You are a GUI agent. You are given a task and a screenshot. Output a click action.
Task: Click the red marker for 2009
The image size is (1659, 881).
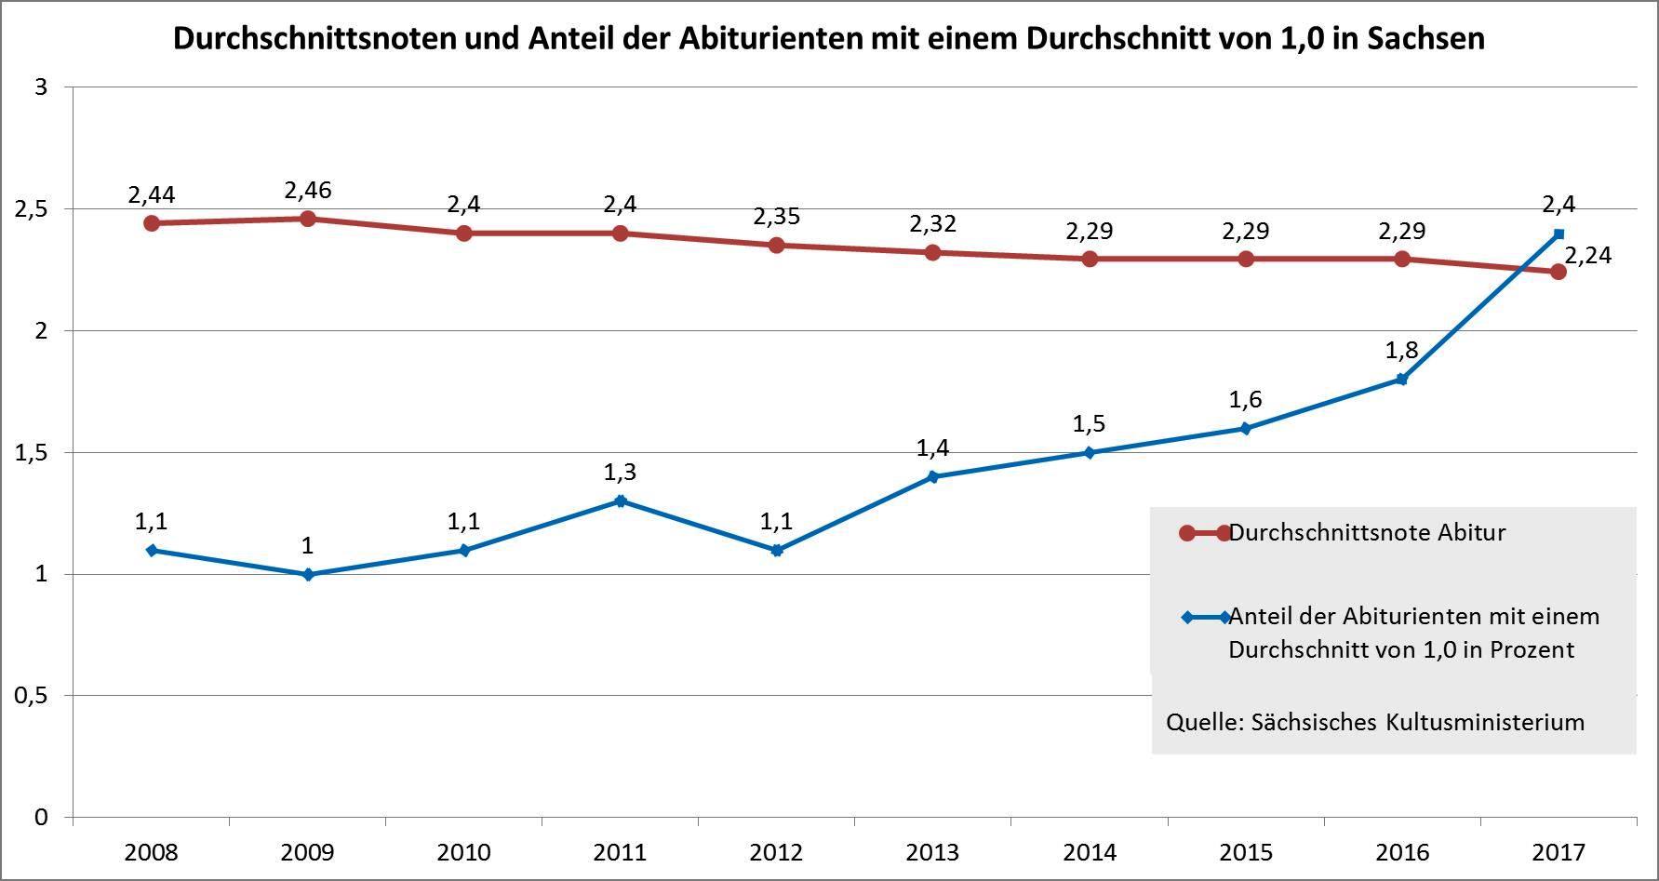(308, 219)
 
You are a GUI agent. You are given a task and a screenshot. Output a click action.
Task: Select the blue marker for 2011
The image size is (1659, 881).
(621, 501)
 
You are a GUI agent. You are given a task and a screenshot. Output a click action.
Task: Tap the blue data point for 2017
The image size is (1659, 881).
(1559, 234)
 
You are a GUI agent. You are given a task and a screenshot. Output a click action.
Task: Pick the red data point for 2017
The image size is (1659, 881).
(1559, 272)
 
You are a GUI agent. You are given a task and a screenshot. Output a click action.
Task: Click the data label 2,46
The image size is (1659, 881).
(308, 191)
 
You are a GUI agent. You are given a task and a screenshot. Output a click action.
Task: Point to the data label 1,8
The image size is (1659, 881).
(1401, 351)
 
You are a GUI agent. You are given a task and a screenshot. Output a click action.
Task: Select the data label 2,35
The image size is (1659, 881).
(777, 217)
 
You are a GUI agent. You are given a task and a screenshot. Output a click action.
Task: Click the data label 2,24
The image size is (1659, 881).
(1587, 255)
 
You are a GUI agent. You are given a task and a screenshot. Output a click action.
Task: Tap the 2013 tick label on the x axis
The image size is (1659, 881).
(933, 852)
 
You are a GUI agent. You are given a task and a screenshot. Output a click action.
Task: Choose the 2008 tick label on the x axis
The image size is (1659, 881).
(152, 852)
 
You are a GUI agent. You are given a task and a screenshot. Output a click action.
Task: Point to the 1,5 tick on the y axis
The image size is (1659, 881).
(33, 453)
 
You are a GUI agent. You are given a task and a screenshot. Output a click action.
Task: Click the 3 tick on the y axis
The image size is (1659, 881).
(41, 87)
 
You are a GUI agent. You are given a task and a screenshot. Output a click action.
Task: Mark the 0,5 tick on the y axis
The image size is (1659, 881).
(33, 696)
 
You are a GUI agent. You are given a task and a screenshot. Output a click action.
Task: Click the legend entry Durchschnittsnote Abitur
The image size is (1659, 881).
(1366, 533)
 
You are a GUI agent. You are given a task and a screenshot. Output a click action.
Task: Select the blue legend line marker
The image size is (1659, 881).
(1205, 617)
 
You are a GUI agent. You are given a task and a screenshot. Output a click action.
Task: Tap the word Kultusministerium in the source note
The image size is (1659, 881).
(1485, 722)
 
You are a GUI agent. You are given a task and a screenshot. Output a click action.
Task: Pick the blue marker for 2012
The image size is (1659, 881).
(777, 550)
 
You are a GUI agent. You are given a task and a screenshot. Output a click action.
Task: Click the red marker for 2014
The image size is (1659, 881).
(1090, 259)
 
